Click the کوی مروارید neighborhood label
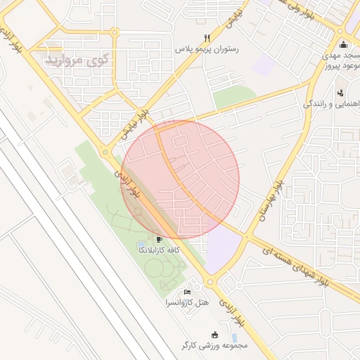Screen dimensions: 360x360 click(78, 60)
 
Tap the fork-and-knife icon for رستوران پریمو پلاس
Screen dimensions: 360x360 click(206, 38)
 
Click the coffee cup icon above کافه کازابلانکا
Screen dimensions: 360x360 click(160, 239)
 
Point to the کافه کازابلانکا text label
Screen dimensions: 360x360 click(160, 250)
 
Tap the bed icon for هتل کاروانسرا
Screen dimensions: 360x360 click(187, 292)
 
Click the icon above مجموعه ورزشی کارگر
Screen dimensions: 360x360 click(214, 334)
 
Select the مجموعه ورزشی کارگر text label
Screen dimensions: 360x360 click(214, 345)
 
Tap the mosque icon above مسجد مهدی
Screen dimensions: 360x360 click(344, 45)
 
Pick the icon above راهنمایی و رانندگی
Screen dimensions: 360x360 click(341, 92)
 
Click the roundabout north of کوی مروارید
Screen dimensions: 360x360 click(114, 32)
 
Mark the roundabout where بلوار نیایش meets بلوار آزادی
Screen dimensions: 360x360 click(105, 151)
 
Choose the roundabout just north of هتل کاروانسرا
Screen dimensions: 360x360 click(210, 283)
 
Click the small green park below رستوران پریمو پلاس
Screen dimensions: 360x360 click(234, 96)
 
